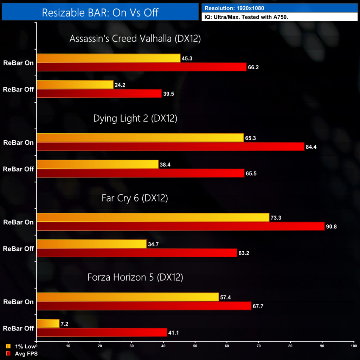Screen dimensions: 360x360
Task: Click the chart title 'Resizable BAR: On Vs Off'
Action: (x=100, y=13)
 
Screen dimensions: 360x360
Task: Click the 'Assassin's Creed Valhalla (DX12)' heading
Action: (x=135, y=39)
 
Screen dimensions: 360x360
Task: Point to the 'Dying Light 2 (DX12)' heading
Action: (x=135, y=118)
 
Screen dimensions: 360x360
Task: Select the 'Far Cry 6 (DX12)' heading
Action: (x=135, y=198)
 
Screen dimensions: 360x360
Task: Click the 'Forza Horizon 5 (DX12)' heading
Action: (x=135, y=277)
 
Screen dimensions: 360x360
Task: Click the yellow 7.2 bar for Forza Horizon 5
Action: (x=48, y=323)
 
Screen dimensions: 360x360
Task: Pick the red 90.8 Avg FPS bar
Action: (x=180, y=226)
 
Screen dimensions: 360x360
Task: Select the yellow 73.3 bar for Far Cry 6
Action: (x=153, y=218)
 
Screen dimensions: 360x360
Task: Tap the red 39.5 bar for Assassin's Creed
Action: (x=99, y=94)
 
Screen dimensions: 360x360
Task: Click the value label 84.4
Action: (x=311, y=147)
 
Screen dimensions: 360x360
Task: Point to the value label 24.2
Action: (x=120, y=85)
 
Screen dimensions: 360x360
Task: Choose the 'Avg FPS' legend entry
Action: (x=23, y=354)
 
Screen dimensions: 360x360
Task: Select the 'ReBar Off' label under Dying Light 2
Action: (x=18, y=169)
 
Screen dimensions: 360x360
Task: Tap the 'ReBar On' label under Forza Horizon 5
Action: (x=18, y=302)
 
